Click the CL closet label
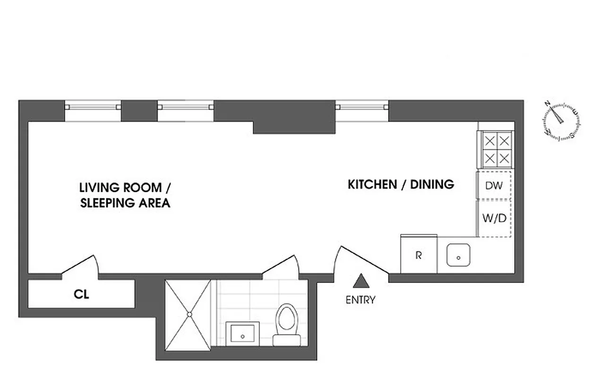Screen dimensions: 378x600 coord(82,294)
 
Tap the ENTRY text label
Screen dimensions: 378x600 coord(360,300)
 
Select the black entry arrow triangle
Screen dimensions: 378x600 coord(361,281)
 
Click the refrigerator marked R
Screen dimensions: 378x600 coord(419,255)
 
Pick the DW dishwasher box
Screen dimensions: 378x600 coord(494,186)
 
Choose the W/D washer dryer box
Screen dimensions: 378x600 coord(494,218)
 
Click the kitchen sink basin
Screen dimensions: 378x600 coord(458,255)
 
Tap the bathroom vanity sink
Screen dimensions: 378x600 coord(243,334)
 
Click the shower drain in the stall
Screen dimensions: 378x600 coord(189,314)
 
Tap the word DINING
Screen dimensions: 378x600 coord(432,184)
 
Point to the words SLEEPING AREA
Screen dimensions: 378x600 coord(125,204)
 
